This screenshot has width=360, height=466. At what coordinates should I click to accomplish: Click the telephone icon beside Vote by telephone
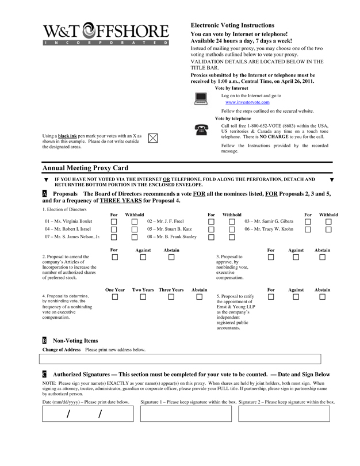pyautogui.click(x=201, y=129)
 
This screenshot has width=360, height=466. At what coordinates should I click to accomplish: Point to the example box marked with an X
pyautogui.click(x=153, y=137)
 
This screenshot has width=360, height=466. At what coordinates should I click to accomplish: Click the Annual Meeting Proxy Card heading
pyautogui.click(x=85, y=167)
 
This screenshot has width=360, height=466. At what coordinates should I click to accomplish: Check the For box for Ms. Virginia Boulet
pyautogui.click(x=114, y=221)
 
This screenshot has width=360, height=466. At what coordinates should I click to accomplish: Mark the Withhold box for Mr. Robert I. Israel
pyautogui.click(x=134, y=229)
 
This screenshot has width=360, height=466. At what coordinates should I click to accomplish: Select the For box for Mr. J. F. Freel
pyautogui.click(x=211, y=221)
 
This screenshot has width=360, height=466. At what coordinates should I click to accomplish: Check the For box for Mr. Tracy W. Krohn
pyautogui.click(x=308, y=229)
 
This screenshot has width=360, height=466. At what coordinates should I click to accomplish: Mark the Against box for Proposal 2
pyautogui.click(x=143, y=257)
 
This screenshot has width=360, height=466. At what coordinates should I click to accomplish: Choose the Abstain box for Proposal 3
pyautogui.click(x=322, y=257)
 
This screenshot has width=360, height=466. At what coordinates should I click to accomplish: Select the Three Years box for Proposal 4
pyautogui.click(x=171, y=297)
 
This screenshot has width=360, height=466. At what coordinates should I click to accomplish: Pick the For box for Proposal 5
pyautogui.click(x=271, y=297)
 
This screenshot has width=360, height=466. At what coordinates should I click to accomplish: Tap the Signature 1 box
pyautogui.click(x=186, y=414)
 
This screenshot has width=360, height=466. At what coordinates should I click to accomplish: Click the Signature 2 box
pyautogui.click(x=285, y=414)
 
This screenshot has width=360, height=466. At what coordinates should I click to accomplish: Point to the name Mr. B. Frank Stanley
pyautogui.click(x=172, y=236)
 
